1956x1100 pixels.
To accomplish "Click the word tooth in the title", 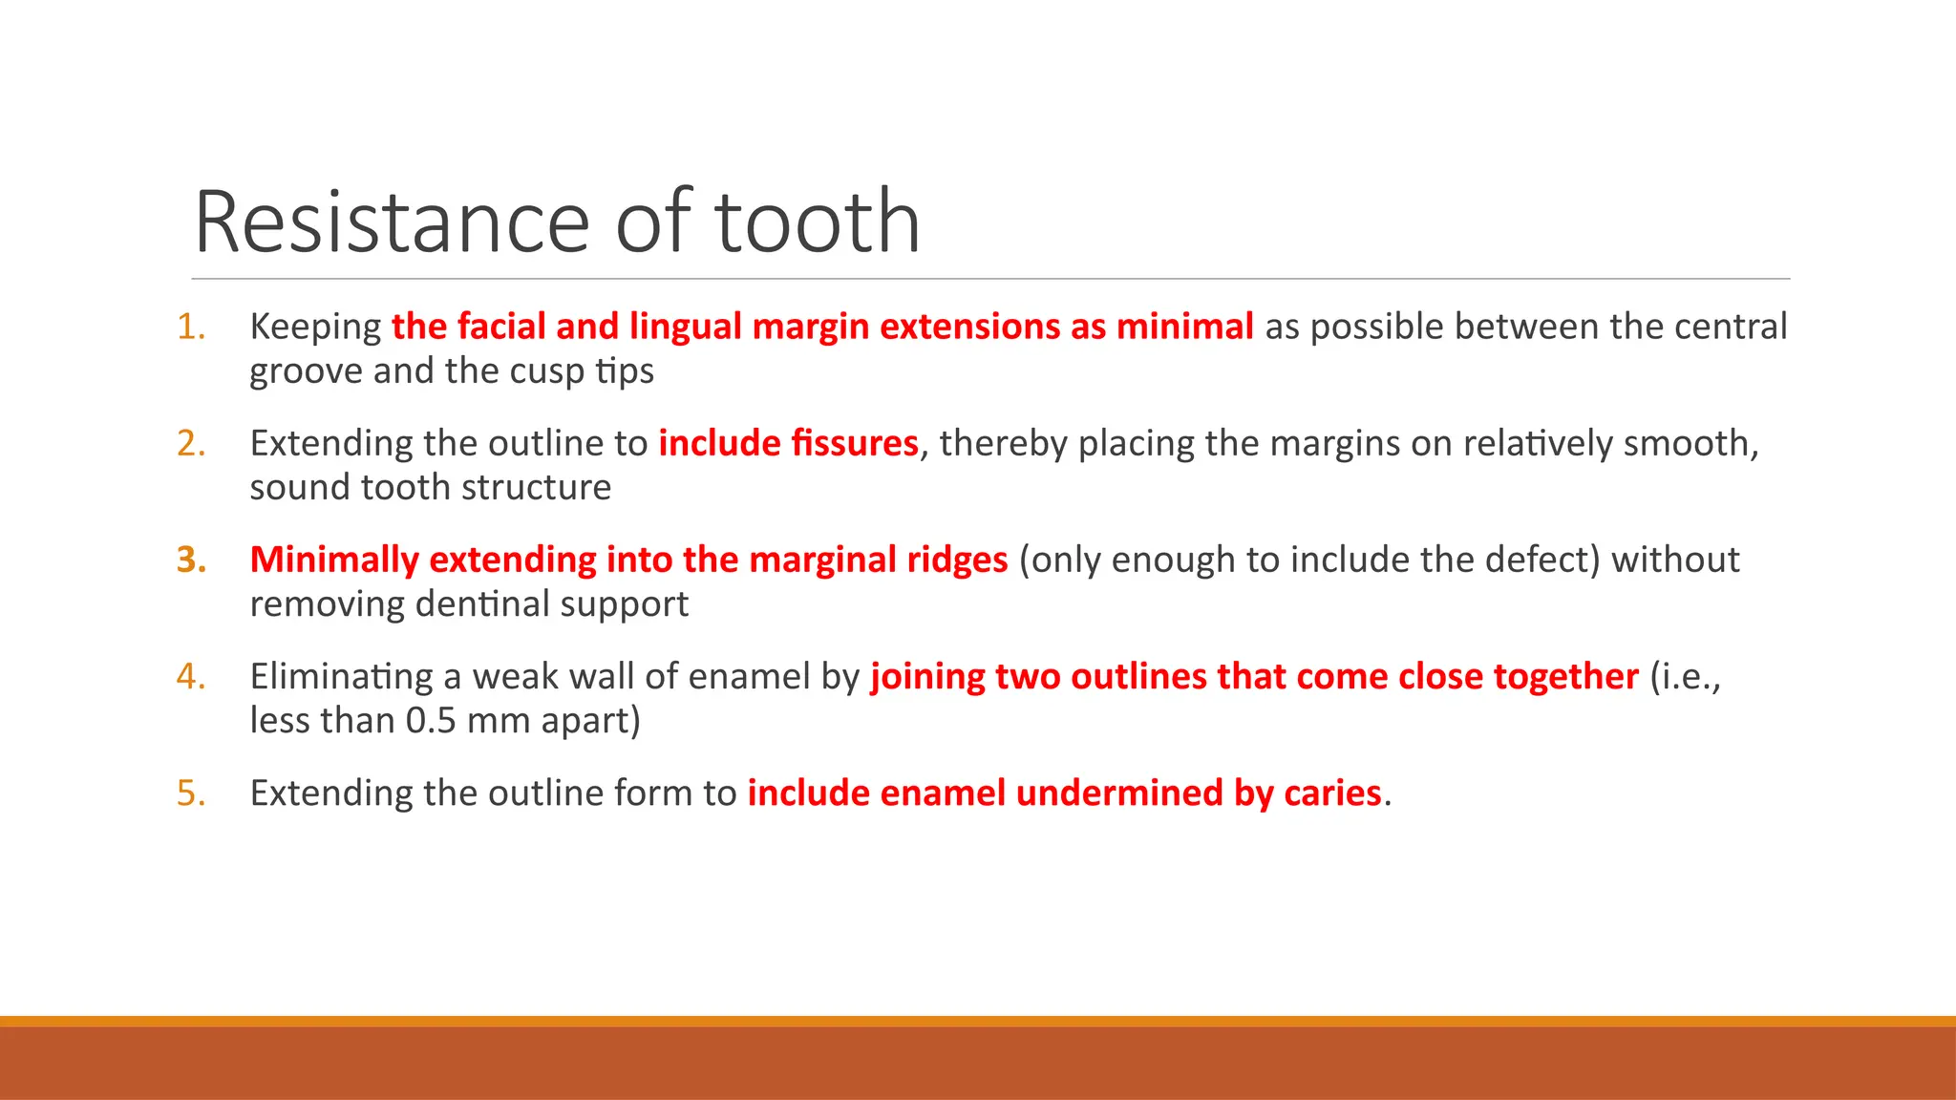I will [818, 222].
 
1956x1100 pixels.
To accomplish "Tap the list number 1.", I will [190, 327].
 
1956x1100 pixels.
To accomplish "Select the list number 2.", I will [190, 443].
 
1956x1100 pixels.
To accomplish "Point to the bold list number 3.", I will [190, 560].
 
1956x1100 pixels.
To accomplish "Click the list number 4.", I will [190, 676].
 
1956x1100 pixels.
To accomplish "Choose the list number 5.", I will [190, 793].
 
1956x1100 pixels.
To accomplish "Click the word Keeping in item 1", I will [315, 328].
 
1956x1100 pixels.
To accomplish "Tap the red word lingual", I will [685, 327].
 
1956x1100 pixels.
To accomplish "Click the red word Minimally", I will [333, 561].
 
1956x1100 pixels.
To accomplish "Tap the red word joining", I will [926, 677].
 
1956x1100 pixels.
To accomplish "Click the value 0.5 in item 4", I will [431, 721].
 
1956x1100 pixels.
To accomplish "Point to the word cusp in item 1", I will [547, 371].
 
